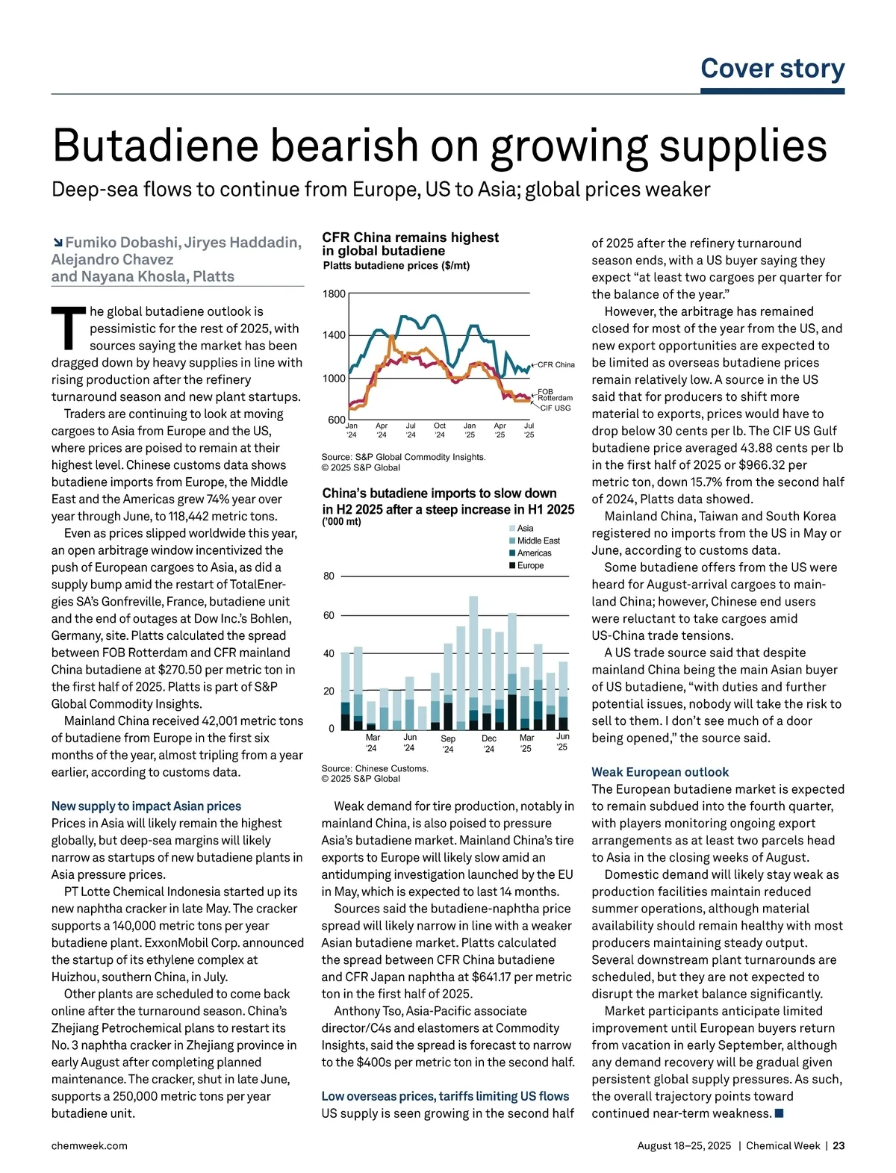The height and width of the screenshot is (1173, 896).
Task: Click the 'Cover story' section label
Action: coord(772,69)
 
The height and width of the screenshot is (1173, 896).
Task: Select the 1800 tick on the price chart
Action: coord(334,294)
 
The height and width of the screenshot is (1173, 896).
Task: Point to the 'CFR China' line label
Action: coord(556,364)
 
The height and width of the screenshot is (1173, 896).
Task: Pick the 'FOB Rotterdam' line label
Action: coord(555,395)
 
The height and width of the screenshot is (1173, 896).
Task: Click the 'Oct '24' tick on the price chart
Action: coord(440,430)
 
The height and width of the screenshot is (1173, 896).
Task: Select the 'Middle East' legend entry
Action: coord(538,541)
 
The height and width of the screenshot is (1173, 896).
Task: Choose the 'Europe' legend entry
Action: coord(530,565)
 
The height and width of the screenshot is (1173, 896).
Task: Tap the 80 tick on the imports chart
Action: coord(329,576)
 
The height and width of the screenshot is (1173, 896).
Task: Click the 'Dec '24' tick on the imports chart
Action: coord(489,743)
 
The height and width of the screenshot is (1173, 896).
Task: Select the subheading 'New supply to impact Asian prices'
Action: coord(146,806)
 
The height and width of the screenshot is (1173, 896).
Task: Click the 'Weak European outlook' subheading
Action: coord(660,772)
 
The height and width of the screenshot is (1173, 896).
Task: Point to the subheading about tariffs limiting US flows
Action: coord(445,1096)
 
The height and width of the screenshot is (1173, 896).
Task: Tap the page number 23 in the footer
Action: coord(839,1145)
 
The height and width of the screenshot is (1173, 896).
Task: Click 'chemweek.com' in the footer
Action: coord(89,1145)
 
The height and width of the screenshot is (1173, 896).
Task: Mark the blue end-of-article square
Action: coord(780,1113)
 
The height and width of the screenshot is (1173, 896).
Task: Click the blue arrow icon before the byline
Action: coord(57,243)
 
